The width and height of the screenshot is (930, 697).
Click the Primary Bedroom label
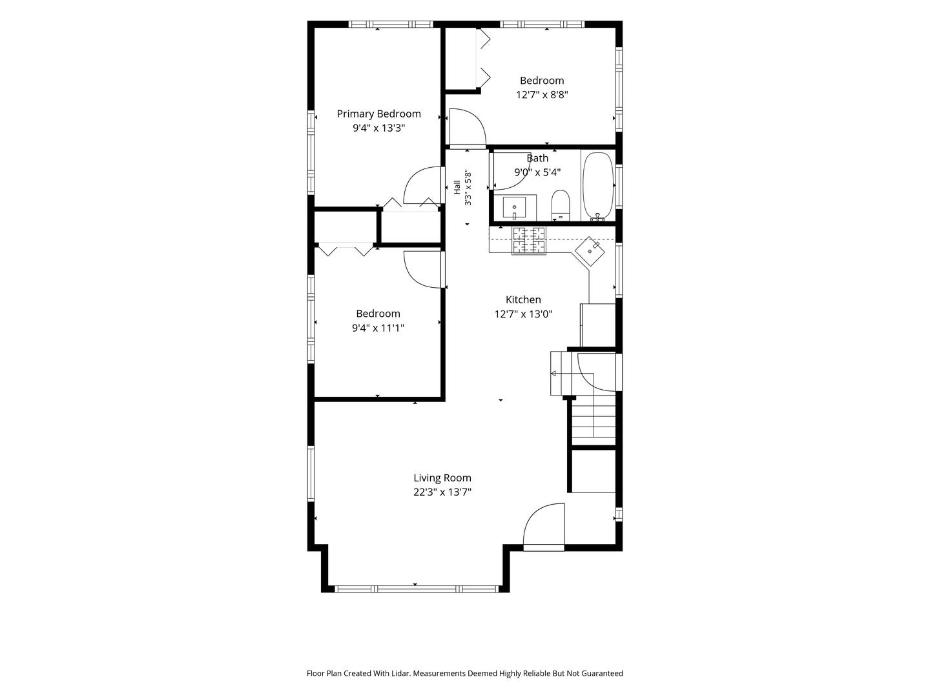378,114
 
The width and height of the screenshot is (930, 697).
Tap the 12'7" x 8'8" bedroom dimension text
541,94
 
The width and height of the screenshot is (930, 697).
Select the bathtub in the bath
597,187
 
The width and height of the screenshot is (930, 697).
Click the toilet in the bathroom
561,205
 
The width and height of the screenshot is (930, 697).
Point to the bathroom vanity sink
514,208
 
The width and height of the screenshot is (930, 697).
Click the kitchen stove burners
529,241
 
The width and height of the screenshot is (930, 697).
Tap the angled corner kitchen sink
590,252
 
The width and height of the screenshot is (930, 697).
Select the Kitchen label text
523,299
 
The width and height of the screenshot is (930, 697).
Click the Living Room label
442,478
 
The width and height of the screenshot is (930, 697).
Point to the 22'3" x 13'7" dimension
442,492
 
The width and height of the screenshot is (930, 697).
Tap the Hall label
457,187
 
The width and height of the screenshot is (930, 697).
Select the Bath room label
537,158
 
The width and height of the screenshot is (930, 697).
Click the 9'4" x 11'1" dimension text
378,328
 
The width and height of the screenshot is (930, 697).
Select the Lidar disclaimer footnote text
465,673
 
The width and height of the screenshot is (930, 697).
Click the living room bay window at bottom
415,589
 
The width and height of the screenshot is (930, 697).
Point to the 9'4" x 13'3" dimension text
378,128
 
